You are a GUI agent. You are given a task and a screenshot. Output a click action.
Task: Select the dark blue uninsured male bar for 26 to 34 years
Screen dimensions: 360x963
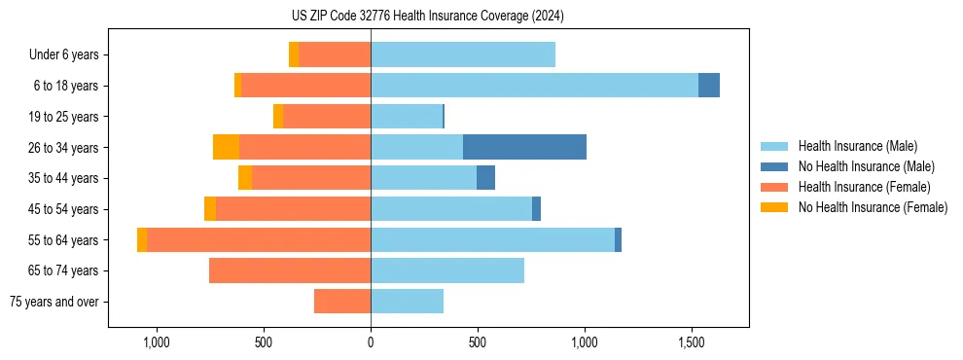pyautogui.click(x=524, y=147)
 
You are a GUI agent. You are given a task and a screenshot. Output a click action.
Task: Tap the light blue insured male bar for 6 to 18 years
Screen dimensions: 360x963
pyautogui.click(x=534, y=86)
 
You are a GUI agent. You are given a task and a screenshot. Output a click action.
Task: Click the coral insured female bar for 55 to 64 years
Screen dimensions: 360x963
pyautogui.click(x=258, y=239)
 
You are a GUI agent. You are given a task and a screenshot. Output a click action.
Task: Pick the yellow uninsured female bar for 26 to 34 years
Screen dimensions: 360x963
pyautogui.click(x=226, y=147)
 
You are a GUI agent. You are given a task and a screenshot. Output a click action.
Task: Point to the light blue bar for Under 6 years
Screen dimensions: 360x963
pyautogui.click(x=462, y=54)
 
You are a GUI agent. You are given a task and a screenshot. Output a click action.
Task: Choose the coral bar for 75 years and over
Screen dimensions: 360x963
pyautogui.click(x=342, y=302)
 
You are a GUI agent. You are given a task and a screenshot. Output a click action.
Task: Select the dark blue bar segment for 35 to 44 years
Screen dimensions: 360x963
pyautogui.click(x=485, y=178)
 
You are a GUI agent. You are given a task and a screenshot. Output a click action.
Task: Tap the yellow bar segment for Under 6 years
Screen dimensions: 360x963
pyautogui.click(x=294, y=54)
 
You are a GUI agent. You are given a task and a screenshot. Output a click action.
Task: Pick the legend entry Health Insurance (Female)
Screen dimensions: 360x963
pyautogui.click(x=864, y=187)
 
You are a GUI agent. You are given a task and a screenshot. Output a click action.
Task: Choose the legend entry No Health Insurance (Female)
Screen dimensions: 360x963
pyautogui.click(x=873, y=207)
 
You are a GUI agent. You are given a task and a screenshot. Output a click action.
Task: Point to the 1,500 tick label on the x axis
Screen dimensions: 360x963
pyautogui.click(x=691, y=343)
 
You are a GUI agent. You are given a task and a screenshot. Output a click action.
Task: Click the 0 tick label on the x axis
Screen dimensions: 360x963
pyautogui.click(x=371, y=343)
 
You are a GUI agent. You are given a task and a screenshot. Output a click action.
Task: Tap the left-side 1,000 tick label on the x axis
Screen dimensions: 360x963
pyautogui.click(x=157, y=343)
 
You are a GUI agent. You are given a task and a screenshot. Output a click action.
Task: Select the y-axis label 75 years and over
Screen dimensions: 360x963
pyautogui.click(x=53, y=302)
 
